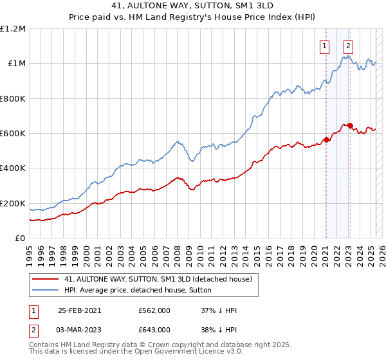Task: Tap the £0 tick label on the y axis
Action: [x=21, y=239]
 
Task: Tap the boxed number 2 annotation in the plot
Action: [x=348, y=46]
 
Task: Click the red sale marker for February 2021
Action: [x=326, y=139]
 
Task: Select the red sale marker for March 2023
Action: [x=349, y=126]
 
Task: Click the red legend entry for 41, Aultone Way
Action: [x=161, y=279]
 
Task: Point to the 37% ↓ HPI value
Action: [x=219, y=310]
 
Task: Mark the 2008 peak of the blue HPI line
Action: [x=177, y=141]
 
